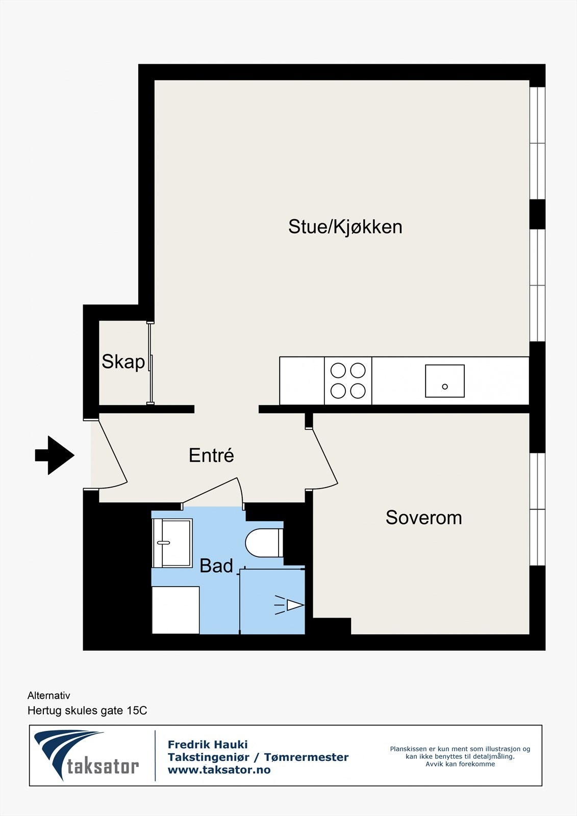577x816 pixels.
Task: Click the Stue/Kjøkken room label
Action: tap(345, 227)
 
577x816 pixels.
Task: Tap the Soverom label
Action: tap(423, 518)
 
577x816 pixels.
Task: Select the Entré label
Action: tap(211, 455)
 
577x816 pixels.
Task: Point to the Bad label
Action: tap(216, 566)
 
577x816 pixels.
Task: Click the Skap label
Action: tap(123, 362)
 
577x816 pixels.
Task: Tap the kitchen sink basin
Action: tap(444, 381)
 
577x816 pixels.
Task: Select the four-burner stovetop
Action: tap(348, 380)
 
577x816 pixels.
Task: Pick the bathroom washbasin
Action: tap(172, 543)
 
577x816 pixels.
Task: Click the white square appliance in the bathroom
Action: tap(175, 610)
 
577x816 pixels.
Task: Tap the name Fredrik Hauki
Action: tap(208, 745)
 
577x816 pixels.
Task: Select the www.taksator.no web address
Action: tap(219, 770)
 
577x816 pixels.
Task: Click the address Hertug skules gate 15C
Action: tap(87, 710)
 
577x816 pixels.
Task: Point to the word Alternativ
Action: tap(49, 696)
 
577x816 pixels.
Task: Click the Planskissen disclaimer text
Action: tap(460, 756)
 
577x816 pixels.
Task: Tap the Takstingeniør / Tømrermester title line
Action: tap(258, 757)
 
